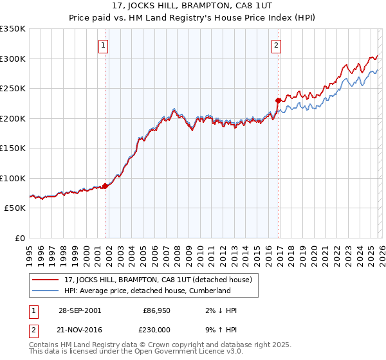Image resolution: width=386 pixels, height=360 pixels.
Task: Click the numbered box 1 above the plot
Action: coord(104,45)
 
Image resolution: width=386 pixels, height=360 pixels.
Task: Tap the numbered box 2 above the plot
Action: coord(276,45)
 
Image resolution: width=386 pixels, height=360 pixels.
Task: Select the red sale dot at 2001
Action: coord(105,186)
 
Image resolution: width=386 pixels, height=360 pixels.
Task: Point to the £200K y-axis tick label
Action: coord(13,118)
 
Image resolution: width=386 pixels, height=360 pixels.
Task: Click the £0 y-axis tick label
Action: coord(21,238)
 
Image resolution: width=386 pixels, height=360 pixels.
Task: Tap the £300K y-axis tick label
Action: coord(13,59)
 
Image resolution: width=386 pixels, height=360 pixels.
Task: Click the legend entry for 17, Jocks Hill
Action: coord(161,280)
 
